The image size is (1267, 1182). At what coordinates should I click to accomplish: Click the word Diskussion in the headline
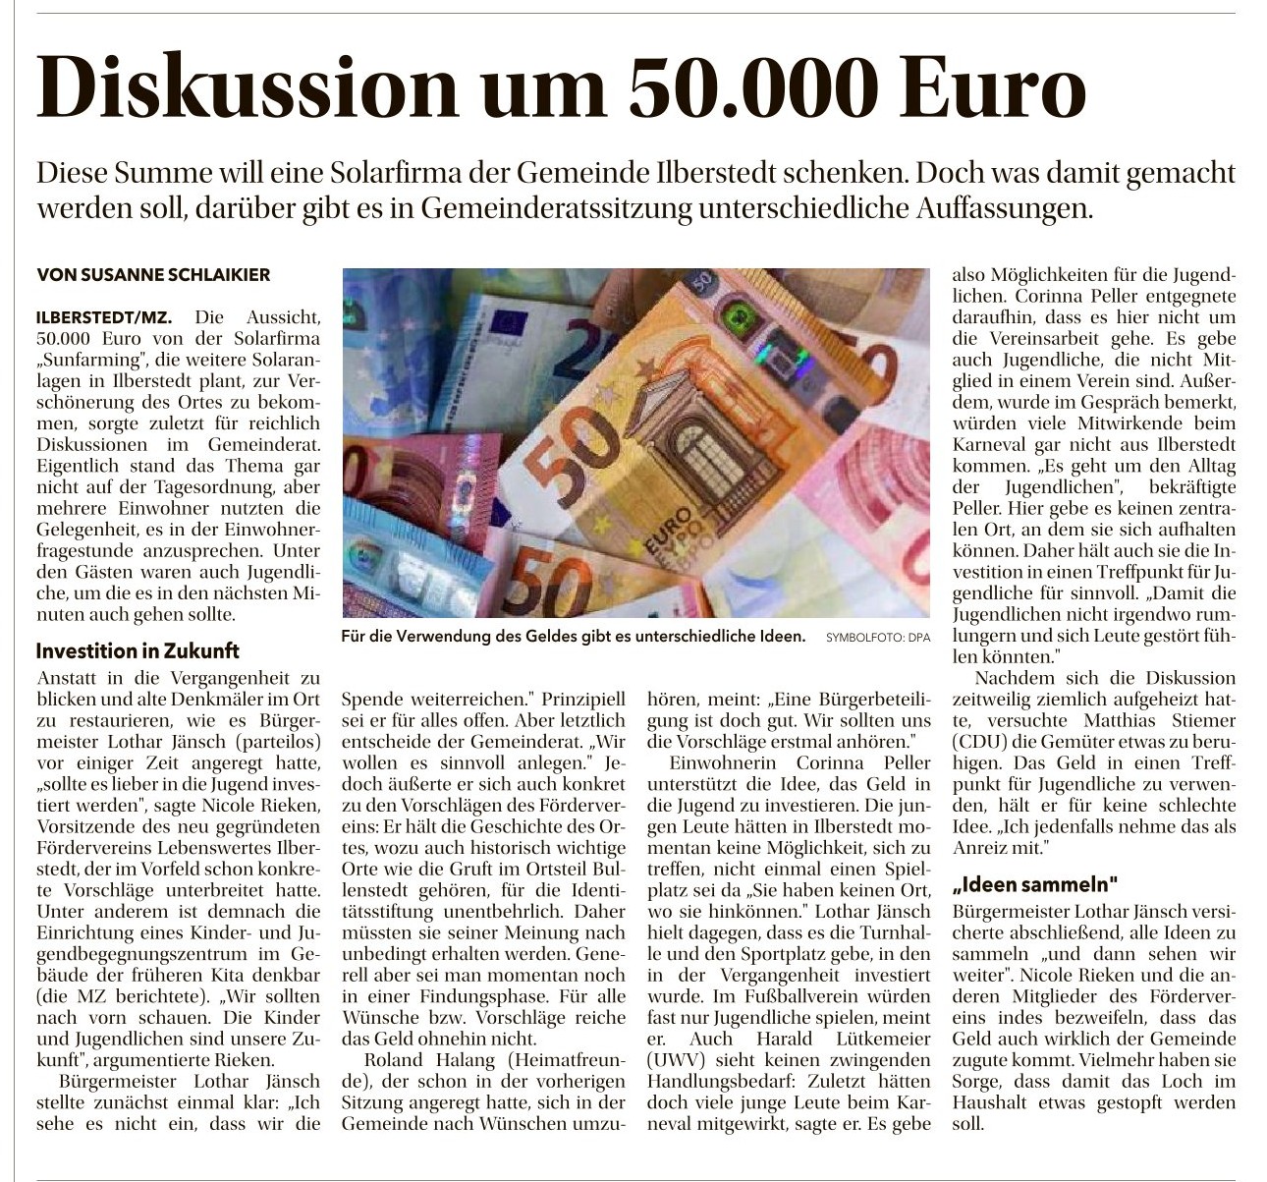pos(246,88)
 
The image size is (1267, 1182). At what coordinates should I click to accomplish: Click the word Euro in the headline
pos(990,88)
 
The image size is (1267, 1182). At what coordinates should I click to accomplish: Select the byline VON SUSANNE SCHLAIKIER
pos(152,275)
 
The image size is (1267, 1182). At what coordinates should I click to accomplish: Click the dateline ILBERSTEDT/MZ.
pos(103,318)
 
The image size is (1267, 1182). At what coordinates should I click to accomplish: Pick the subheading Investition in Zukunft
pos(138,650)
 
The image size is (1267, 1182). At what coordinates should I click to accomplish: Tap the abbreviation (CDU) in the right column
pos(981,741)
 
